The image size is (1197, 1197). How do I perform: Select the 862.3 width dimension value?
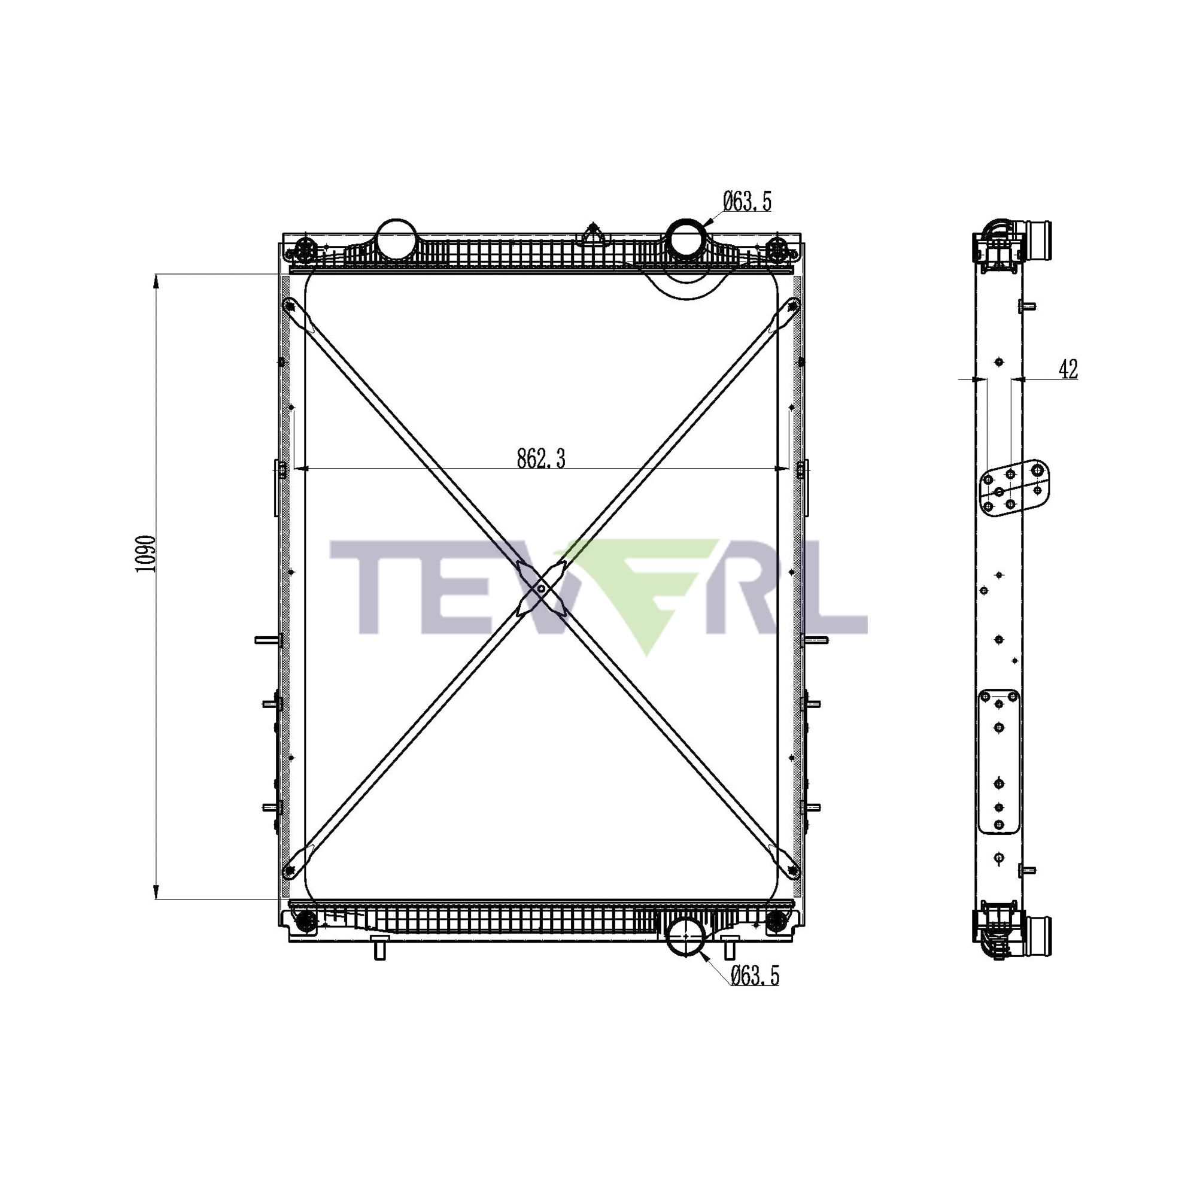pos(541,459)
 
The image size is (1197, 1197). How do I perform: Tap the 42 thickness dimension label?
pos(1068,369)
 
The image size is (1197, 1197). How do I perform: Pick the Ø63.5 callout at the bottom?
pos(754,976)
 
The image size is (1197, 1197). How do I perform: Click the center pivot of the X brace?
pos(541,588)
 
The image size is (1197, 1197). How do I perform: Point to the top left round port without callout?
pos(397,239)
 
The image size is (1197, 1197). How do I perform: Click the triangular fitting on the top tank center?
pos(594,236)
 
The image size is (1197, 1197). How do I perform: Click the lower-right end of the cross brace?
pos(793,871)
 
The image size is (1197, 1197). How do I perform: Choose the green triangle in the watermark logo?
pos(645,595)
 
